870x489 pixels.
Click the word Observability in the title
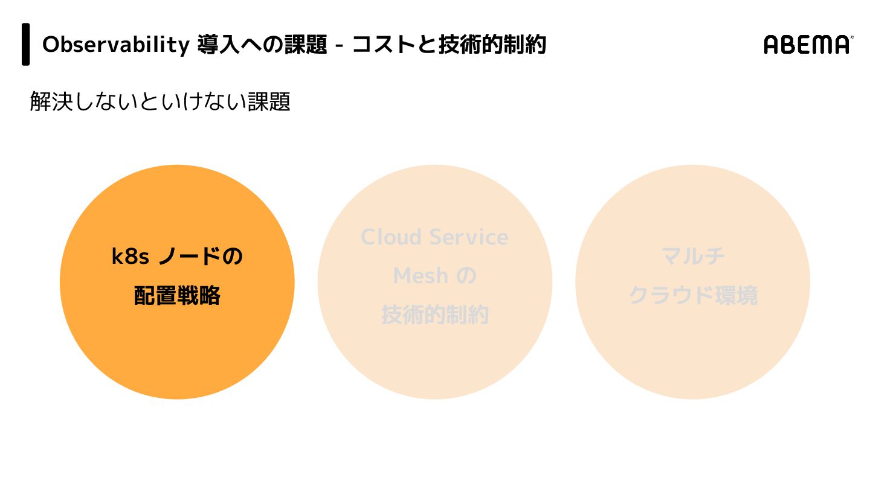click(115, 45)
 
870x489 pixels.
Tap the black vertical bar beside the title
click(26, 44)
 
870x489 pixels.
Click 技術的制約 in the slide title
click(492, 45)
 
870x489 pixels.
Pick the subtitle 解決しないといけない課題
click(160, 101)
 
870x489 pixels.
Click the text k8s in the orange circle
click(130, 257)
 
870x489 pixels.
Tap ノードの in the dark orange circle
click(201, 257)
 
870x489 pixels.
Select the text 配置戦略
click(177, 296)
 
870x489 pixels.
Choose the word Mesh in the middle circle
click(420, 276)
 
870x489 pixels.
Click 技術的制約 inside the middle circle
click(435, 315)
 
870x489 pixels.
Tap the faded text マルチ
click(693, 257)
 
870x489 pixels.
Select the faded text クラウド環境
click(693, 296)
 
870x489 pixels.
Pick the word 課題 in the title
click(305, 45)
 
